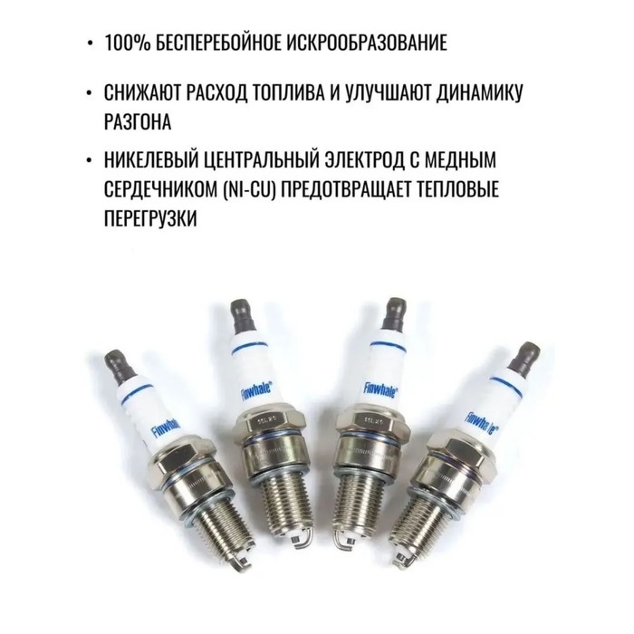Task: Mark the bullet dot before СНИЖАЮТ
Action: pos(88,93)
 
